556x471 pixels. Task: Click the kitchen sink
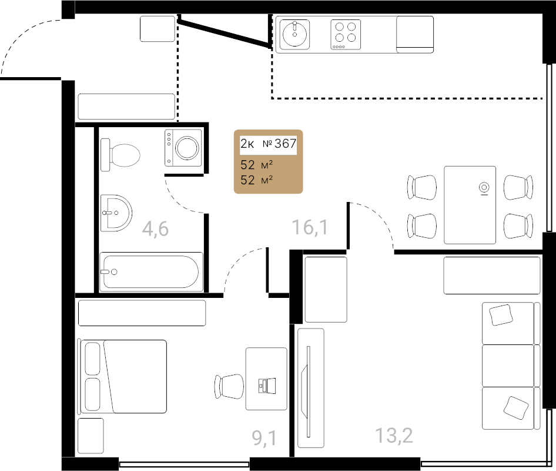[294, 35]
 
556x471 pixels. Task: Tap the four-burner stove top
[346, 35]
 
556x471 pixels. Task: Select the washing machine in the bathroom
[183, 148]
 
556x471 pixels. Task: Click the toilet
[120, 155]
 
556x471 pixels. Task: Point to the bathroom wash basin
[116, 213]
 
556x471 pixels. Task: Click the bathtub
[152, 272]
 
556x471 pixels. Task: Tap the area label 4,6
[155, 229]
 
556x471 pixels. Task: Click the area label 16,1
[310, 227]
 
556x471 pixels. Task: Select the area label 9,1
[264, 438]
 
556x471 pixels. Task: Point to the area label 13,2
[394, 436]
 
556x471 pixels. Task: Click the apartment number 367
[285, 144]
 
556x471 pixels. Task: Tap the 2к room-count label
[247, 144]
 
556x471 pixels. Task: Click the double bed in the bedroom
[122, 377]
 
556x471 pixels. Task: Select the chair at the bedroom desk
[229, 386]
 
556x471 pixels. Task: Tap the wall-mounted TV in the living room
[305, 391]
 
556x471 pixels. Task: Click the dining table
[470, 205]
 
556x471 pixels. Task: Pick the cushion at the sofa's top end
[501, 315]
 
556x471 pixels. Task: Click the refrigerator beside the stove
[415, 35]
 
